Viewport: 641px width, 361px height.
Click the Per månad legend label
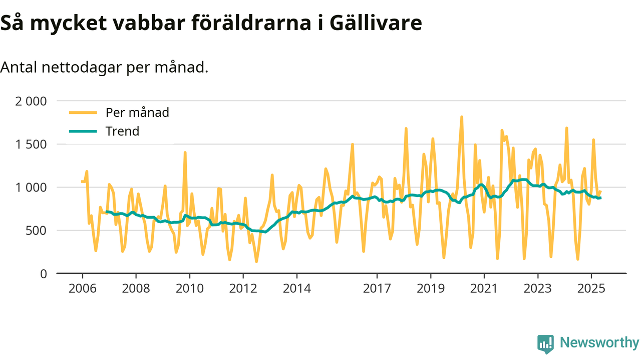click(x=137, y=112)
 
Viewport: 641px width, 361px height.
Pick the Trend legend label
click(x=122, y=131)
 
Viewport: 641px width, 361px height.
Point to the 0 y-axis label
click(x=43, y=274)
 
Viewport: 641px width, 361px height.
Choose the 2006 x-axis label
click(x=82, y=289)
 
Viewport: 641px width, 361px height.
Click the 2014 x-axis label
click(x=296, y=289)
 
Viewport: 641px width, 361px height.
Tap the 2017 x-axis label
click(x=377, y=289)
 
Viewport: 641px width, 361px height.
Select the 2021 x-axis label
click(x=484, y=289)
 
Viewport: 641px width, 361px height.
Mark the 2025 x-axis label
click(x=591, y=289)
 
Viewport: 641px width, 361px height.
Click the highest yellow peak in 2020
click(x=461, y=117)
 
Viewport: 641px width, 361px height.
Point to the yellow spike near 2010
click(x=185, y=152)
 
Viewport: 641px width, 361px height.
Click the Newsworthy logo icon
click(x=545, y=343)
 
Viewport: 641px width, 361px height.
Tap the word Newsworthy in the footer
click(x=599, y=343)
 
